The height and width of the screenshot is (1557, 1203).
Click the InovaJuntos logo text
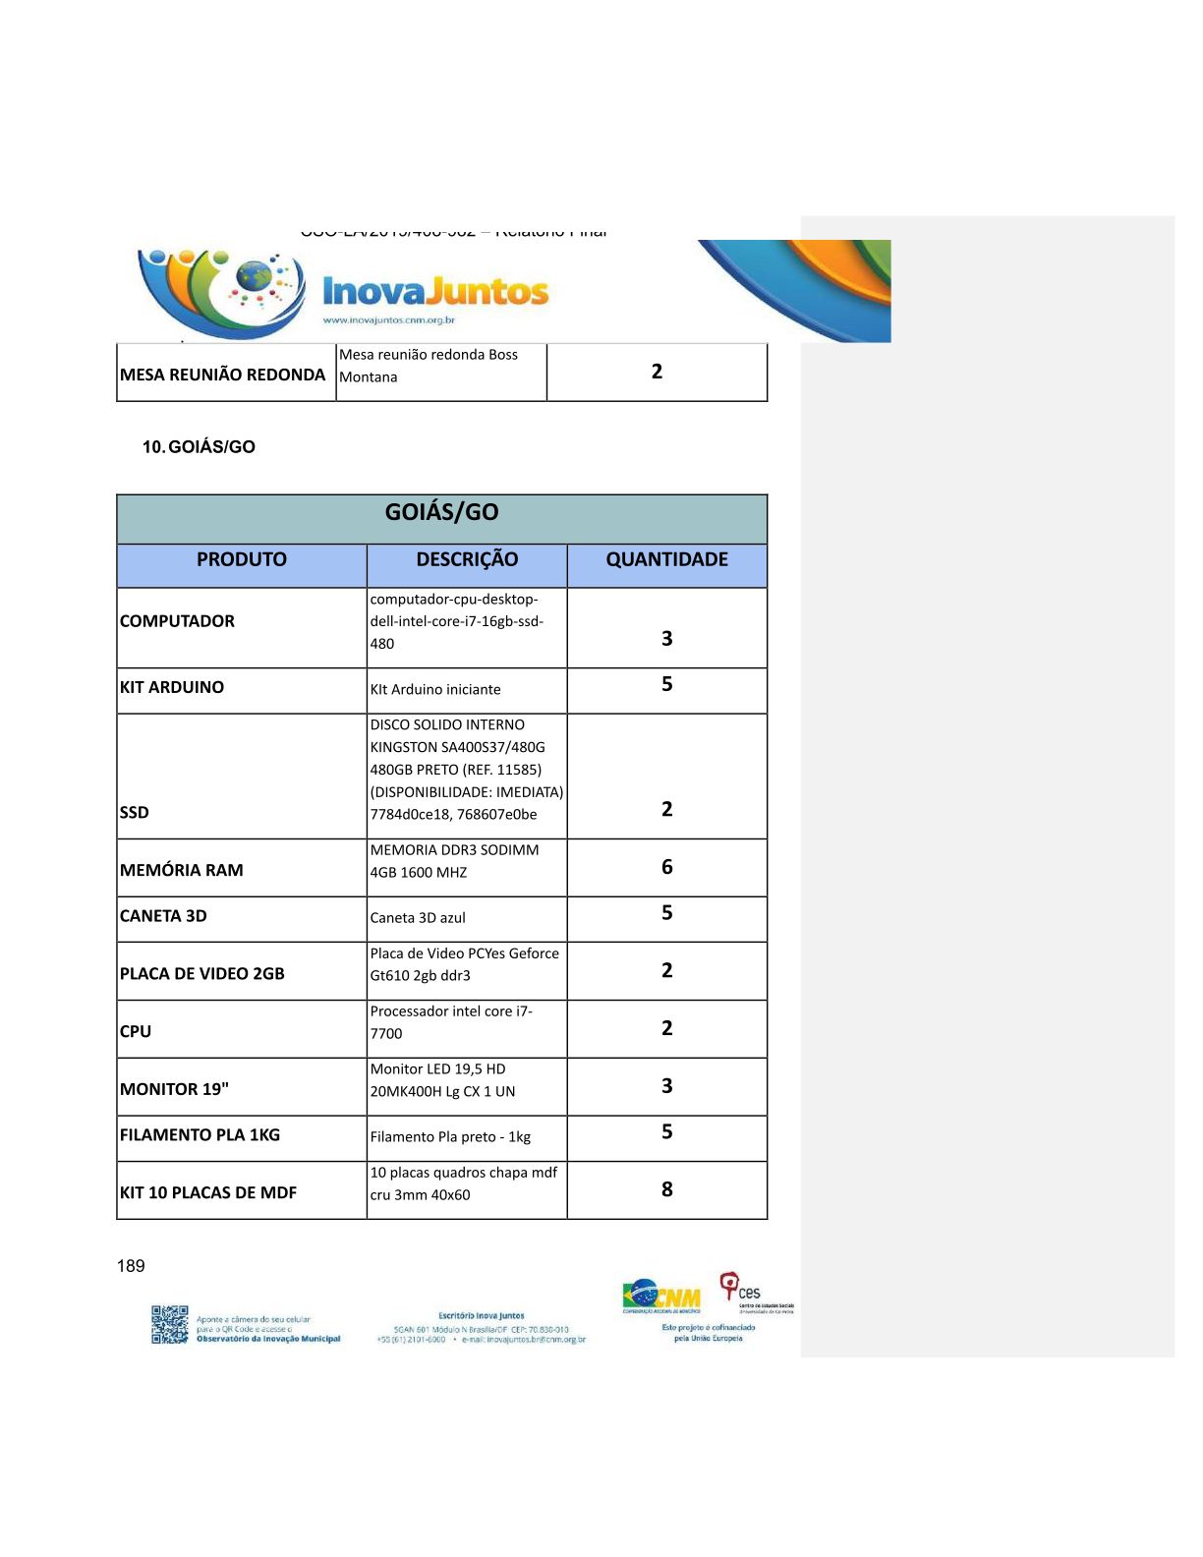pos(435,291)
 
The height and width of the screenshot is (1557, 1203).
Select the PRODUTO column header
pos(242,559)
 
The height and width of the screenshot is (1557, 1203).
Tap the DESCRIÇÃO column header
pos(467,559)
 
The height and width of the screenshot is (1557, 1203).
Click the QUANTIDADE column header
pos(666,559)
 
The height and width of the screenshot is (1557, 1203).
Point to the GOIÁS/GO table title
pos(441,512)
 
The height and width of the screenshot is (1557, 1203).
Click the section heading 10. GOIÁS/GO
pos(199,447)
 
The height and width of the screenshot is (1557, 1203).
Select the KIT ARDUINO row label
pos(172,687)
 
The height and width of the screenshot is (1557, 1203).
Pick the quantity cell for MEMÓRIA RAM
pos(667,867)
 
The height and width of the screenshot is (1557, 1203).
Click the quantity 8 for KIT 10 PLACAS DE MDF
pos(667,1189)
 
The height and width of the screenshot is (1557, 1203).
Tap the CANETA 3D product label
pos(163,916)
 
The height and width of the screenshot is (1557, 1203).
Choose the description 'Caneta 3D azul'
pos(418,918)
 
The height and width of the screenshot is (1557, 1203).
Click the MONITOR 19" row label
pos(174,1089)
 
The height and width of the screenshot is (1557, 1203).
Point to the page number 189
pos(131,1266)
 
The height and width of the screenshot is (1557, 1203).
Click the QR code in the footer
pos(169,1324)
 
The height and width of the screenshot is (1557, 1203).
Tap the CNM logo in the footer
pos(661,1297)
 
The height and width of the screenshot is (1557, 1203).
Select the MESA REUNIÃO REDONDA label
pos(222,375)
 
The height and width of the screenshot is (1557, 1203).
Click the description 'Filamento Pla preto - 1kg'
pos(450,1137)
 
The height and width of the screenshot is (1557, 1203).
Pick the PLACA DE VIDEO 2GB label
pos(202,974)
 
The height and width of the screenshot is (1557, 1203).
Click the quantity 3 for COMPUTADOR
pos(667,639)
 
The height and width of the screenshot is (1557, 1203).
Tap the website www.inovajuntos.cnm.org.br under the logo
pos(388,320)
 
